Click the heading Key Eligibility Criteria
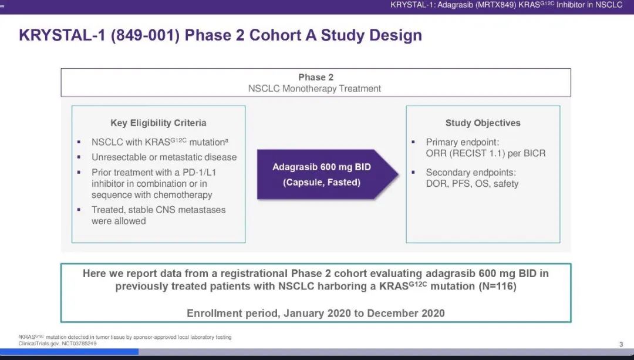(158, 123)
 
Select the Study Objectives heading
(483, 123)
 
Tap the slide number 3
(621, 344)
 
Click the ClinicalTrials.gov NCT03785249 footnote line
(58, 344)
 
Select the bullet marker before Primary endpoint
(413, 142)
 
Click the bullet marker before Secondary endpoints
(413, 172)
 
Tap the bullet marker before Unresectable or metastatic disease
(79, 157)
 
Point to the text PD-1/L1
(200, 172)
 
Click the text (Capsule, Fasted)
(322, 183)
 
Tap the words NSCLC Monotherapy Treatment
(315, 89)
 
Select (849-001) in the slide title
(145, 35)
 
